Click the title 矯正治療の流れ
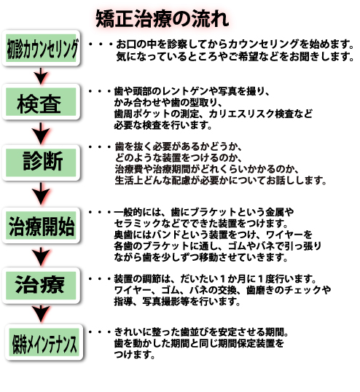(x=163, y=19)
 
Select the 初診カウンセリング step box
(x=41, y=48)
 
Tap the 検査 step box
(x=41, y=102)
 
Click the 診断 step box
(x=41, y=162)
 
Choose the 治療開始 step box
(x=41, y=225)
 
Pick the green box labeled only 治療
(x=41, y=286)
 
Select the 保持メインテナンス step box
(x=44, y=342)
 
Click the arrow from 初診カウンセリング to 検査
(x=41, y=76)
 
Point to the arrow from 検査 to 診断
(x=41, y=133)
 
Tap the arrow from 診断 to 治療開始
(x=41, y=194)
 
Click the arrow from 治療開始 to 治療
(x=41, y=256)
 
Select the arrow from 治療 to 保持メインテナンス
(x=41, y=313)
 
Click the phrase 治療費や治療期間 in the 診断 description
(x=152, y=169)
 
